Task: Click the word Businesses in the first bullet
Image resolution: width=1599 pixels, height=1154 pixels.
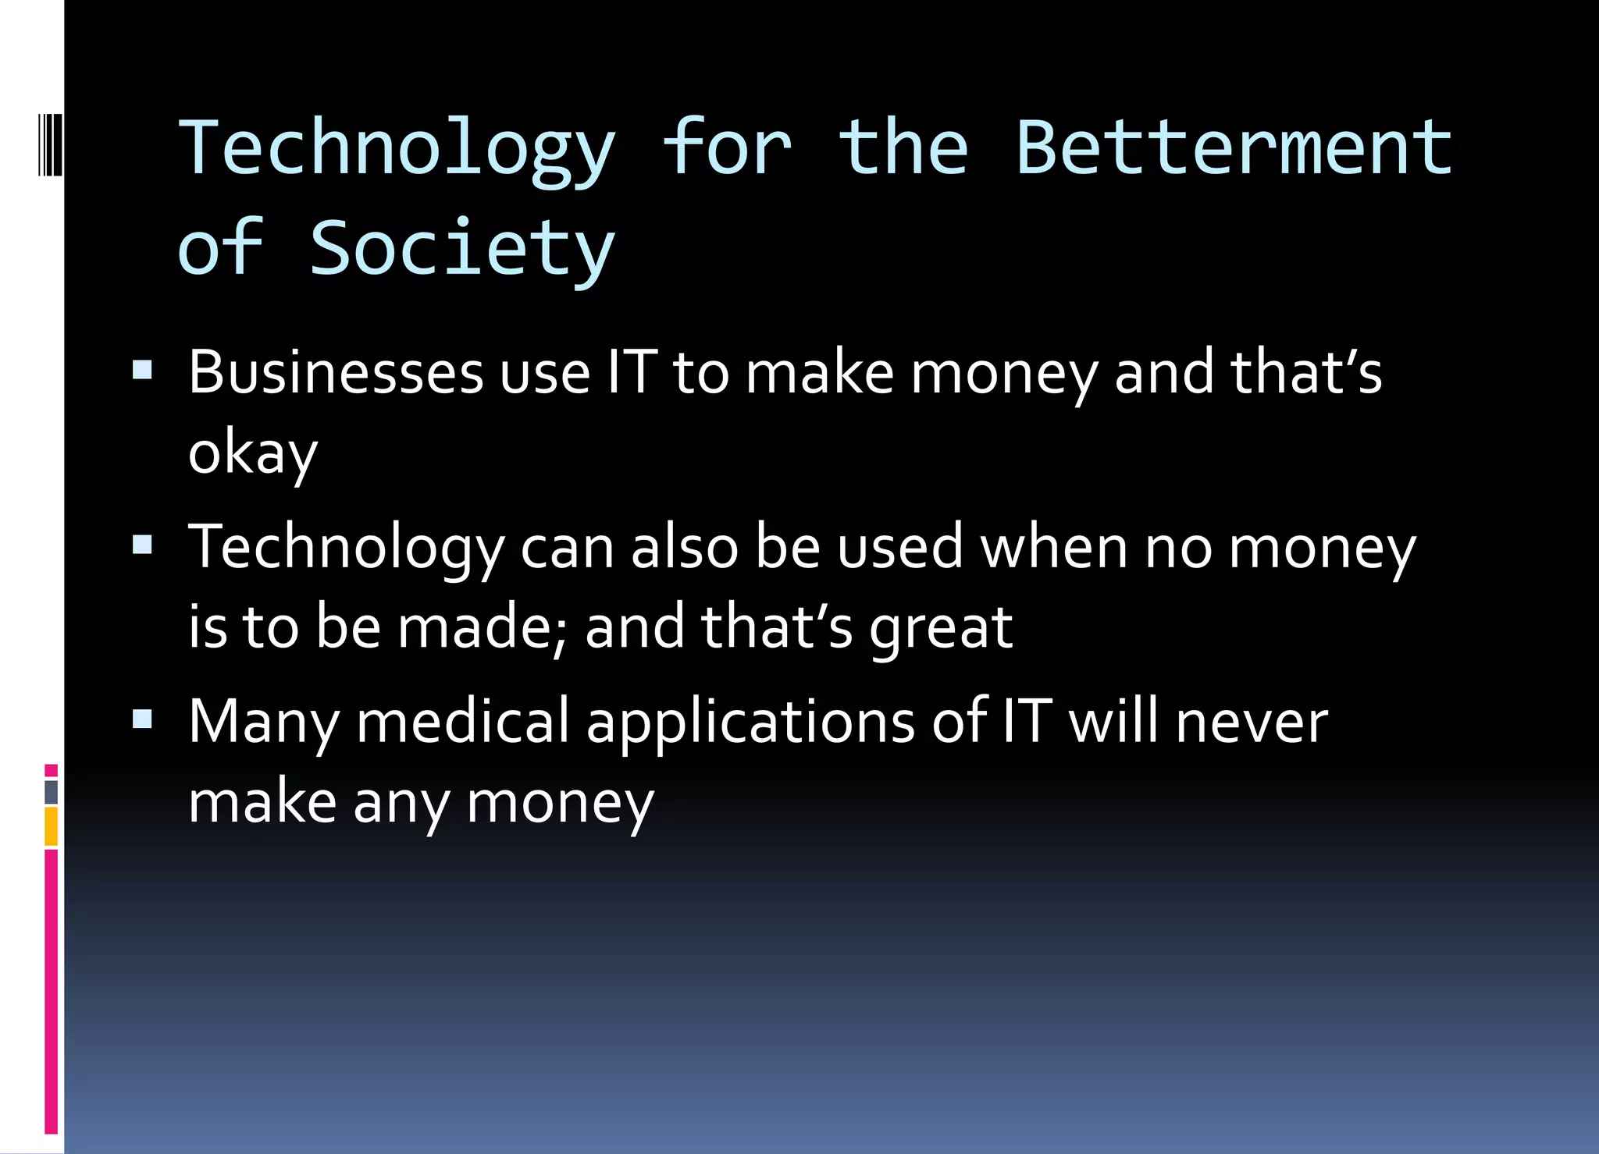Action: pyautogui.click(x=336, y=372)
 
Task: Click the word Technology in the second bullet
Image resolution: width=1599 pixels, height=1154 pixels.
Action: pyautogui.click(x=346, y=549)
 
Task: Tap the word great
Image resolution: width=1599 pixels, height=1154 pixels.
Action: pyautogui.click(x=940, y=629)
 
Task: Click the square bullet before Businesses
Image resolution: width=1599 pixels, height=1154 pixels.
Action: pyautogui.click(x=142, y=369)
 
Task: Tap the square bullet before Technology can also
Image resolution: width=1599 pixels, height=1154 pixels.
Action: pyautogui.click(x=142, y=544)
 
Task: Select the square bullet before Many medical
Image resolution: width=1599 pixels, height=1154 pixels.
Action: pyautogui.click(x=142, y=718)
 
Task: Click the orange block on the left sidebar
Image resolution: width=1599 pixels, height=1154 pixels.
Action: pyautogui.click(x=52, y=826)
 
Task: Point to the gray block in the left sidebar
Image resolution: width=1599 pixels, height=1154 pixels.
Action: pyautogui.click(x=52, y=792)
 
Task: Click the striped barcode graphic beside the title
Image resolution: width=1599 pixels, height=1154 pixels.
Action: pyautogui.click(x=49, y=144)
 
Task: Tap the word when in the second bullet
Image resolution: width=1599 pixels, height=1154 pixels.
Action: pyautogui.click(x=1054, y=548)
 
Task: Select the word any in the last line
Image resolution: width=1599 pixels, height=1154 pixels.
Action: pyautogui.click(x=401, y=804)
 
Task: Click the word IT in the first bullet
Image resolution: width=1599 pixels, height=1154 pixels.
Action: pyautogui.click(x=632, y=372)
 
